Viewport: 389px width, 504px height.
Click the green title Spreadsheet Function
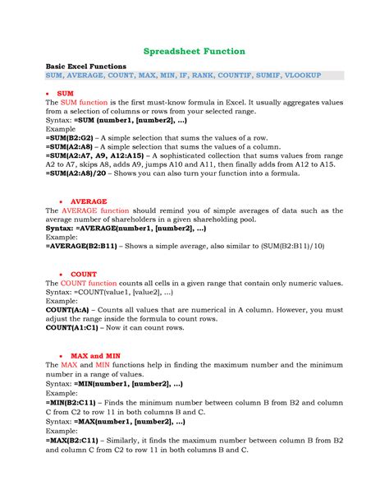[x=194, y=51]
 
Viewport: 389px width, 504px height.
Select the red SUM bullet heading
[x=66, y=95]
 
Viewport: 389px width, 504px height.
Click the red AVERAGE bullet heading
[x=89, y=200]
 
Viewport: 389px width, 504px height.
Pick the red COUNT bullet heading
[x=84, y=274]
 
